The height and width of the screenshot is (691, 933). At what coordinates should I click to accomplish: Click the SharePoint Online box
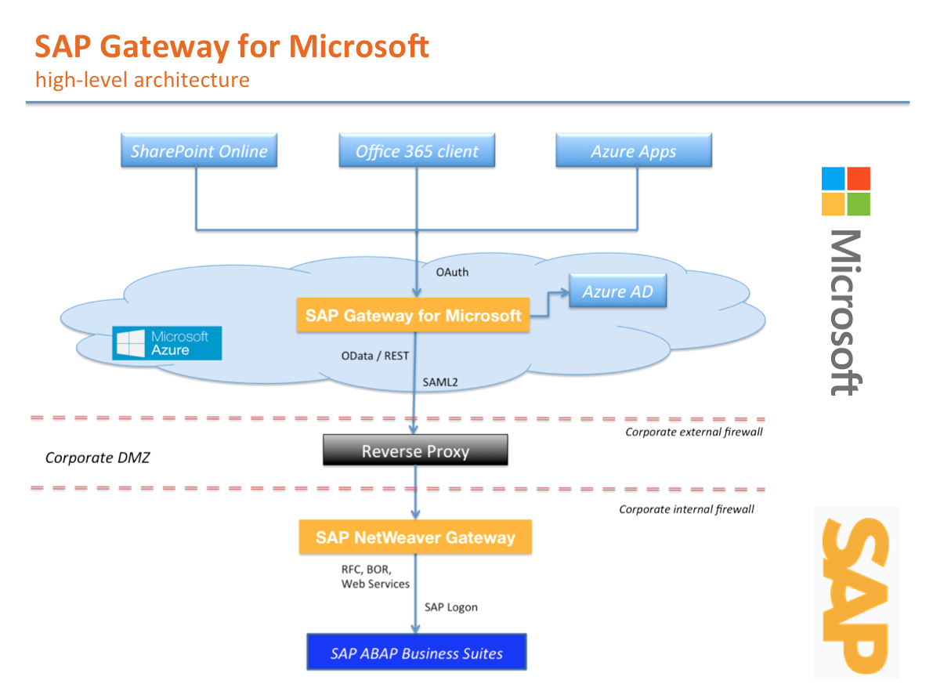pos(199,151)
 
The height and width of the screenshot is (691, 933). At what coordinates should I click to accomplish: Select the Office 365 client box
pos(417,151)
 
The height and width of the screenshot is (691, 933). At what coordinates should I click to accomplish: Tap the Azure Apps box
pos(633,151)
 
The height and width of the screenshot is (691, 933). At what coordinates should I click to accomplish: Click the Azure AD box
pos(617,291)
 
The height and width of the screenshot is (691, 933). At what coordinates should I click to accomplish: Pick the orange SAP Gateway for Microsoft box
pos(413,316)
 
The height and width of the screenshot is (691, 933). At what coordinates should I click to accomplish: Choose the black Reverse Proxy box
pos(415,451)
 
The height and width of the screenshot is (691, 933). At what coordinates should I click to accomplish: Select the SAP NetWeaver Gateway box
pos(415,537)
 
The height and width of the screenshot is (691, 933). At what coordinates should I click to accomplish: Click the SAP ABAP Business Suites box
pos(417,653)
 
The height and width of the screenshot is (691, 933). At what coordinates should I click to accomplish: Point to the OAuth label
pos(452,273)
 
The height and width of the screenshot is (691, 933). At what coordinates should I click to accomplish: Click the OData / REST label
pos(374,356)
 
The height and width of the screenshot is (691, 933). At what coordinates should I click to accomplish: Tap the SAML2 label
pos(440,382)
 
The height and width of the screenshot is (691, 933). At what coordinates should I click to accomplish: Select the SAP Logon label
pos(450,606)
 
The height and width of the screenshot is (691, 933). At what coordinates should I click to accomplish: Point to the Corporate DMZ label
pos(97,458)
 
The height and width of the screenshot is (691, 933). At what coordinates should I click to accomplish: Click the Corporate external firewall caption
pos(693,432)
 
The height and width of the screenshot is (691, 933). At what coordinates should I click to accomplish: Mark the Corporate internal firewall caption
pos(686,509)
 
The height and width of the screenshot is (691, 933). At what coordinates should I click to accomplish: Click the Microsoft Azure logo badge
pos(167,343)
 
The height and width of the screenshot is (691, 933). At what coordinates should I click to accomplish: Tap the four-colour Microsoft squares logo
pos(846,191)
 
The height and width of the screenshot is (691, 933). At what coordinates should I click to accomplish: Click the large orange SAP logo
pos(855,593)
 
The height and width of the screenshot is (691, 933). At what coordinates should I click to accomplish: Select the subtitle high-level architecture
pos(142,79)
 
